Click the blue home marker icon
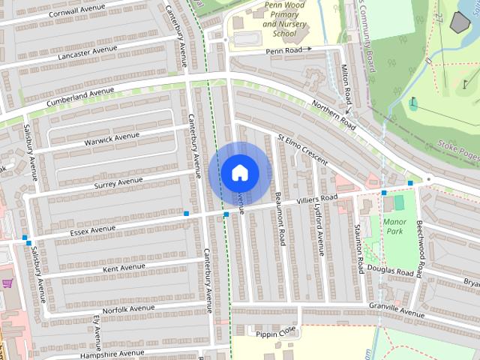239,172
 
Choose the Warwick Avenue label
112,138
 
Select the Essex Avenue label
93,227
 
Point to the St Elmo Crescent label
303,150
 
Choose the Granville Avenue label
396,308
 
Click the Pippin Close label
276,333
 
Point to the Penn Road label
283,50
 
